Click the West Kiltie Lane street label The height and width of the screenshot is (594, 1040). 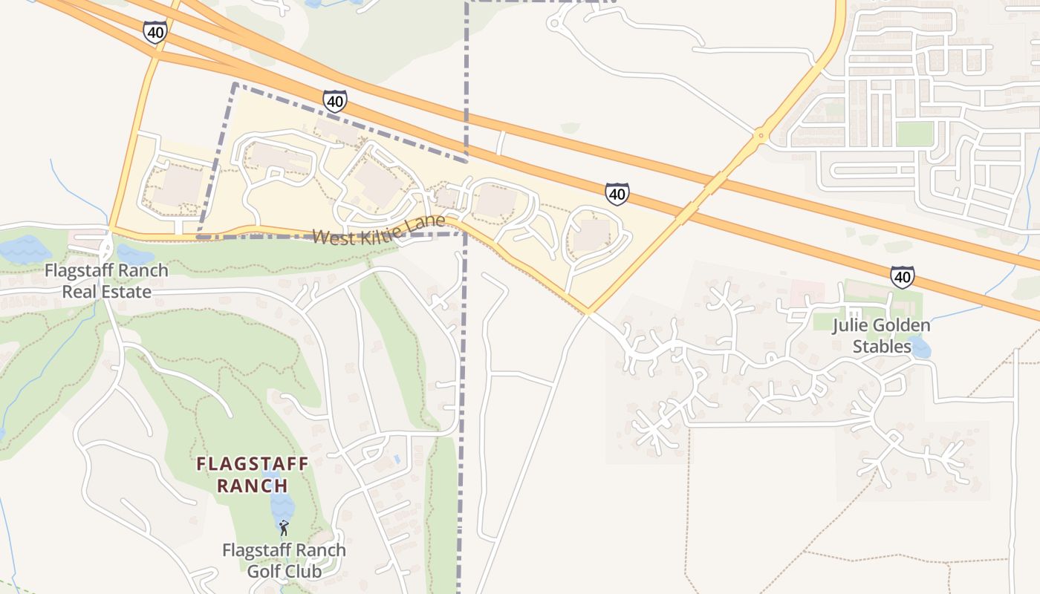[x=379, y=230]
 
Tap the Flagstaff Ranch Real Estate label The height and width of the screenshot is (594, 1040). [x=106, y=281]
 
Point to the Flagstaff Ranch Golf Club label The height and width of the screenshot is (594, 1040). [x=284, y=561]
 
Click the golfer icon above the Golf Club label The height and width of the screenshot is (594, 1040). [x=283, y=528]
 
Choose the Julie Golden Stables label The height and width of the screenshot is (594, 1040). [x=882, y=336]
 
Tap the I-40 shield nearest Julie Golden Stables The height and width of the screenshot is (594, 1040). [x=902, y=277]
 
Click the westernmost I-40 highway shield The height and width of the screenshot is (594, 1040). [x=155, y=32]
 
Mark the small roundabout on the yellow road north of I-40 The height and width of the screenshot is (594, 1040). [x=759, y=136]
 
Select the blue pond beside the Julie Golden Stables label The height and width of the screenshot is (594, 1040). [x=920, y=347]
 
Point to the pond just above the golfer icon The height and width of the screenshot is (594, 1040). [x=282, y=505]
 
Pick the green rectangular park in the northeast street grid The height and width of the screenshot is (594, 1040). [x=914, y=134]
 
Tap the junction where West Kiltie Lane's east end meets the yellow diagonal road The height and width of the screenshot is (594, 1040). [x=588, y=313]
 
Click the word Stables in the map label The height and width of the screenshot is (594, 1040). [x=882, y=346]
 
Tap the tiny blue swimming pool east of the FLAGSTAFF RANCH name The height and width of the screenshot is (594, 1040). [x=397, y=460]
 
